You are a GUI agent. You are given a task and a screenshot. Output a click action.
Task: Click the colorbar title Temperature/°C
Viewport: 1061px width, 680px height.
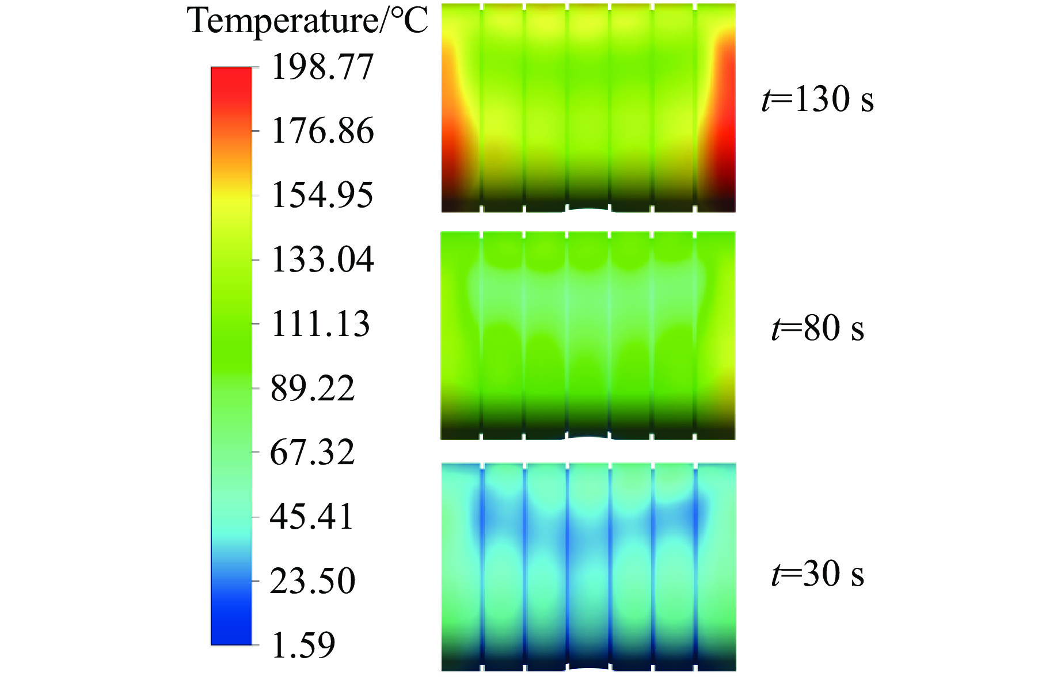[x=308, y=22]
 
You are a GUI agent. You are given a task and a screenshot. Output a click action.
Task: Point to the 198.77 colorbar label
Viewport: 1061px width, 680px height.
[x=322, y=67]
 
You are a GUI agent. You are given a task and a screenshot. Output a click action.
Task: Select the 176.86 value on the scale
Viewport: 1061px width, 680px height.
[x=322, y=131]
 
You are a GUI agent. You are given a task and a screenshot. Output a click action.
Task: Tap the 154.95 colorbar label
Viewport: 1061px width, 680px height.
[x=322, y=195]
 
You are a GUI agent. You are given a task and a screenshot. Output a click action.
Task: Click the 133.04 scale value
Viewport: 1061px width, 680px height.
[x=322, y=259]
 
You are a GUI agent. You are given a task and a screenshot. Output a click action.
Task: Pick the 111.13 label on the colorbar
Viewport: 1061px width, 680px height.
[x=320, y=324]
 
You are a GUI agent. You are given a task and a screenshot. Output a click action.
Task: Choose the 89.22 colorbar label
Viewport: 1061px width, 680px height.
[x=313, y=388]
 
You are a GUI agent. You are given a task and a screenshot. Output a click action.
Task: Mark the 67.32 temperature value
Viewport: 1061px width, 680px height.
[x=313, y=452]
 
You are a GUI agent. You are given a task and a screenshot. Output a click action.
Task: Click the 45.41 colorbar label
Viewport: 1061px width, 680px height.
[x=311, y=517]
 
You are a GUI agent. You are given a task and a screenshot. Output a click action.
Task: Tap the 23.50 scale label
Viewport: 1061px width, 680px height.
[x=313, y=581]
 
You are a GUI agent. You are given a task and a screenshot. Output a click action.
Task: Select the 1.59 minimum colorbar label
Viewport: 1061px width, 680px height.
[x=303, y=645]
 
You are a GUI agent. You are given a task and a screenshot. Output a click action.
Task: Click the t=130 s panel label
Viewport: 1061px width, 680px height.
[x=817, y=99]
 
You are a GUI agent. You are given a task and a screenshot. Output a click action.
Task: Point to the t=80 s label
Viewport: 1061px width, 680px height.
[x=817, y=328]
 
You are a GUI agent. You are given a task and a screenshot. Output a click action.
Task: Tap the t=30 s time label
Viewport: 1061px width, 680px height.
[x=817, y=574]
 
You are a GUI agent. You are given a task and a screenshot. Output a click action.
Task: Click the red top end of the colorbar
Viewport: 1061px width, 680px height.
[x=231, y=78]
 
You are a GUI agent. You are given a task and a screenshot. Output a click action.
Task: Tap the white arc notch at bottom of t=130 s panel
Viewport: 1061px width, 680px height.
[x=588, y=209]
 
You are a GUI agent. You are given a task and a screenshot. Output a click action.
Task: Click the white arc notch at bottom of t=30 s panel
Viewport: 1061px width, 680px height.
[x=588, y=669]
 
